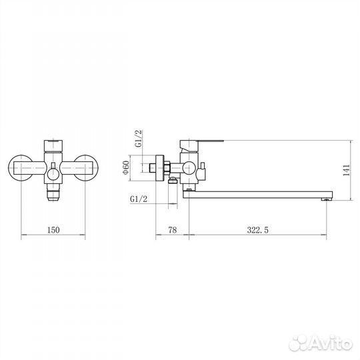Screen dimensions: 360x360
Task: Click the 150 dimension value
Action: (53, 230)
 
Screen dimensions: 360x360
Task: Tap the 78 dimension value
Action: (173, 230)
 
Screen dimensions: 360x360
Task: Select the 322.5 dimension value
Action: (257, 230)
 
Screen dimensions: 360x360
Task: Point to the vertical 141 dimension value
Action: (346, 170)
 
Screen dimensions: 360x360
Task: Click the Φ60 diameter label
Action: (126, 167)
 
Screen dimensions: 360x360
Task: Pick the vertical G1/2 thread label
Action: (139, 139)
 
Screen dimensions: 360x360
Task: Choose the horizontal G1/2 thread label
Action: (139, 199)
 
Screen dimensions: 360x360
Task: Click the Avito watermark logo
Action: (321, 344)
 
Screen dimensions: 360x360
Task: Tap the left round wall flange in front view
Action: (20, 167)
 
